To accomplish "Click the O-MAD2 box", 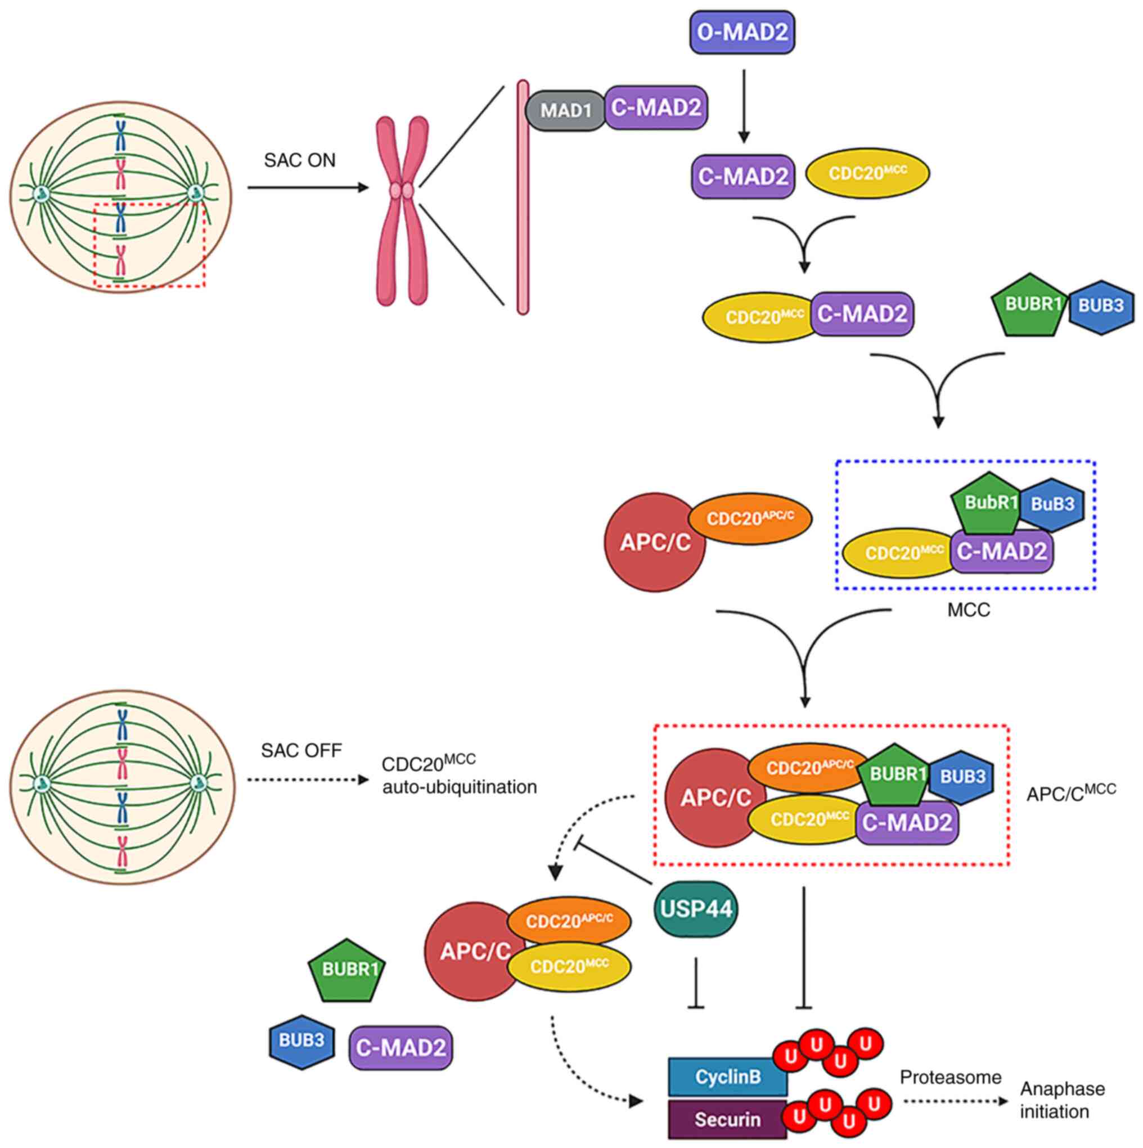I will coord(742,32).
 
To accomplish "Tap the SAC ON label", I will coord(299,160).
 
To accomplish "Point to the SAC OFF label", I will coord(301,751).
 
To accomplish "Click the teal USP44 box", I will coord(696,908).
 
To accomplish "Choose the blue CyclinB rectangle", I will coord(728,1076).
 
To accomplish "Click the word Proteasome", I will coord(950,1077).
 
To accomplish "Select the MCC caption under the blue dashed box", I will coord(968,610).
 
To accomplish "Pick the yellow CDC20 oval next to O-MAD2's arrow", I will coord(867,173).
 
